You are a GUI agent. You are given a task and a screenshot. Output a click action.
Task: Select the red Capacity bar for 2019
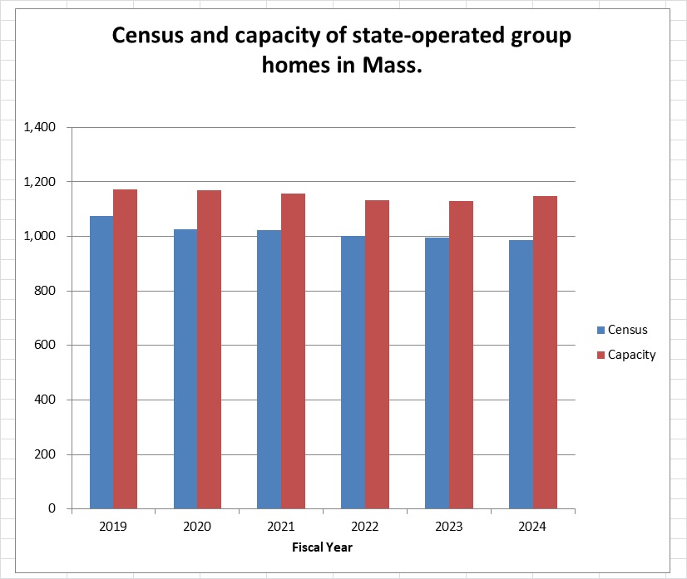coord(125,349)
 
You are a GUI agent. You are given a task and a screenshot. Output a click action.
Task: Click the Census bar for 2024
coord(521,374)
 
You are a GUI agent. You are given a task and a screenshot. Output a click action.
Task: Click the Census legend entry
coord(627,330)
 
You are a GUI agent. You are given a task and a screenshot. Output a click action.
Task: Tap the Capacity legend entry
coord(631,355)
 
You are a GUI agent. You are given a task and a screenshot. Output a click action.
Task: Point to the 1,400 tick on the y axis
coord(40,127)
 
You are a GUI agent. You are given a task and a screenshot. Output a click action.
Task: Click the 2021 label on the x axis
coord(281,526)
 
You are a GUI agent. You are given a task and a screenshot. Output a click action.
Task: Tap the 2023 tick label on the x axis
coord(449,526)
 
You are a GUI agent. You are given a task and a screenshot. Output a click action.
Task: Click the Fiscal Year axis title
coord(323,547)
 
